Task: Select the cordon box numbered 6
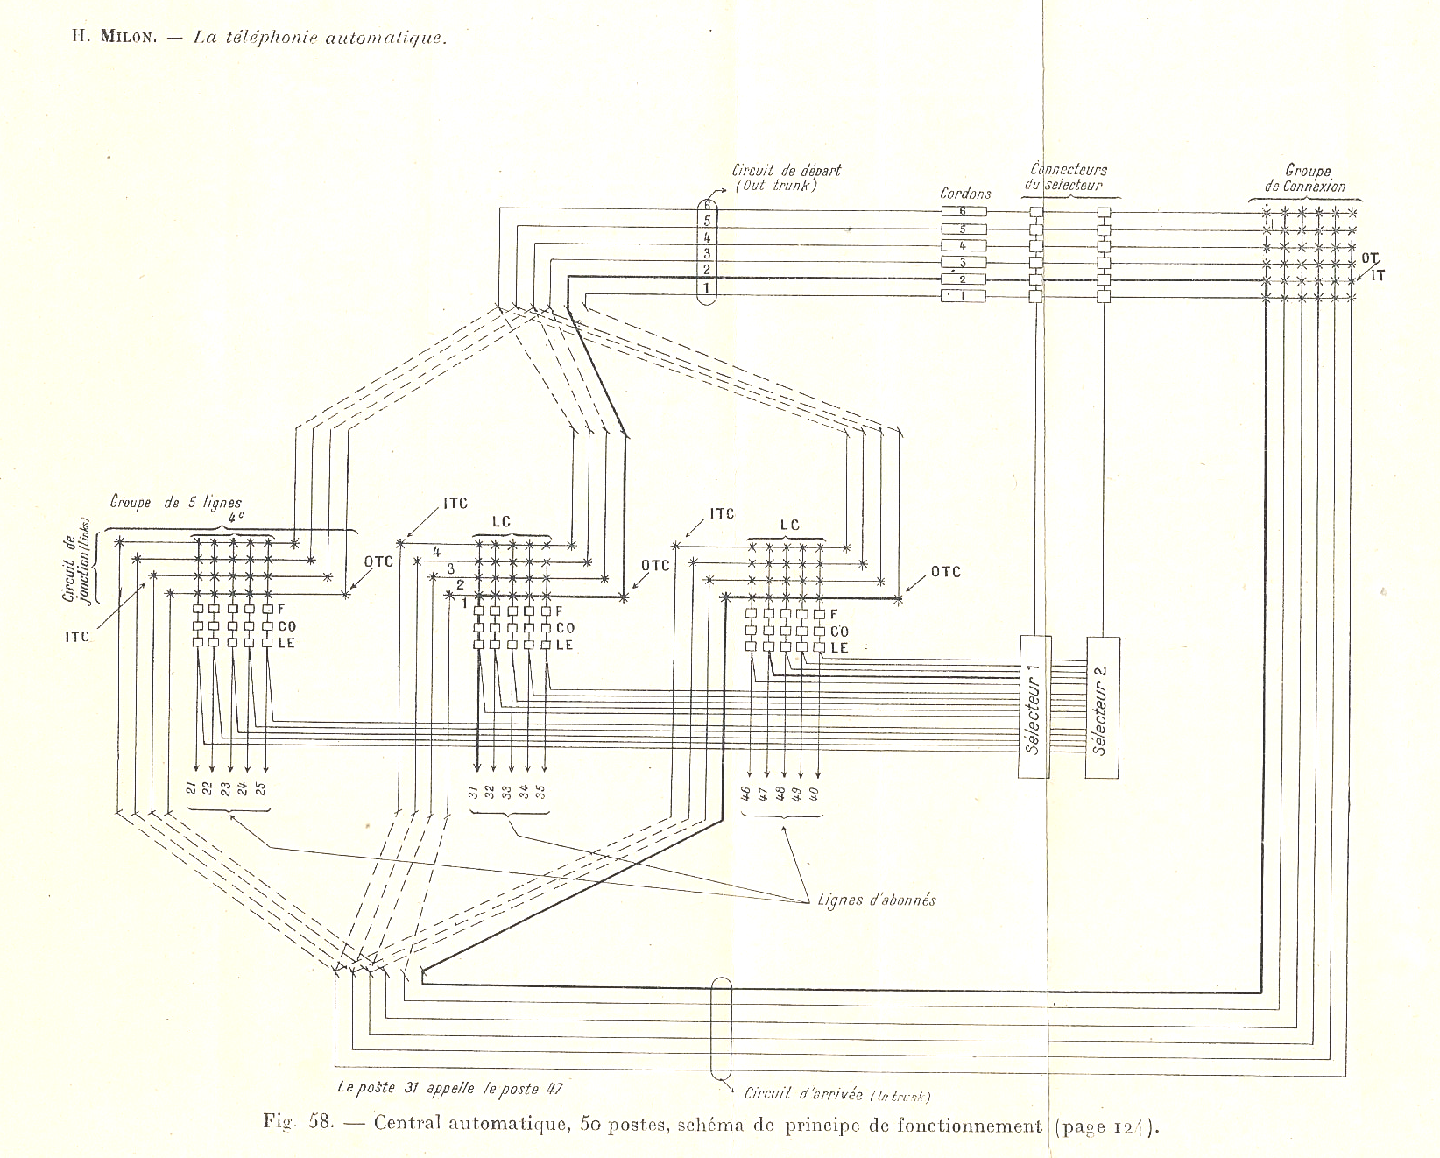click(963, 211)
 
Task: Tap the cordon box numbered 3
click(963, 262)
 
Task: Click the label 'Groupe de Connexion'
click(1305, 179)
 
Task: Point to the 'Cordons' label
click(965, 194)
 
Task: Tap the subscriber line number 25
click(261, 787)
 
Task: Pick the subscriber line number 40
click(818, 794)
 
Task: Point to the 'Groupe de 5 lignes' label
click(176, 503)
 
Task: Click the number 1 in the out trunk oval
click(706, 286)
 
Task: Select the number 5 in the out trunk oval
click(706, 220)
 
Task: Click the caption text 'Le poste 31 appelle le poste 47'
click(450, 1089)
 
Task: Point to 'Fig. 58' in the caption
click(298, 1124)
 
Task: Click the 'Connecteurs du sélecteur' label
click(1067, 177)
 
